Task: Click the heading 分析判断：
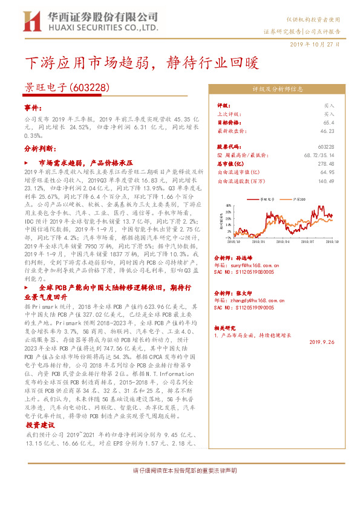40,148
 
